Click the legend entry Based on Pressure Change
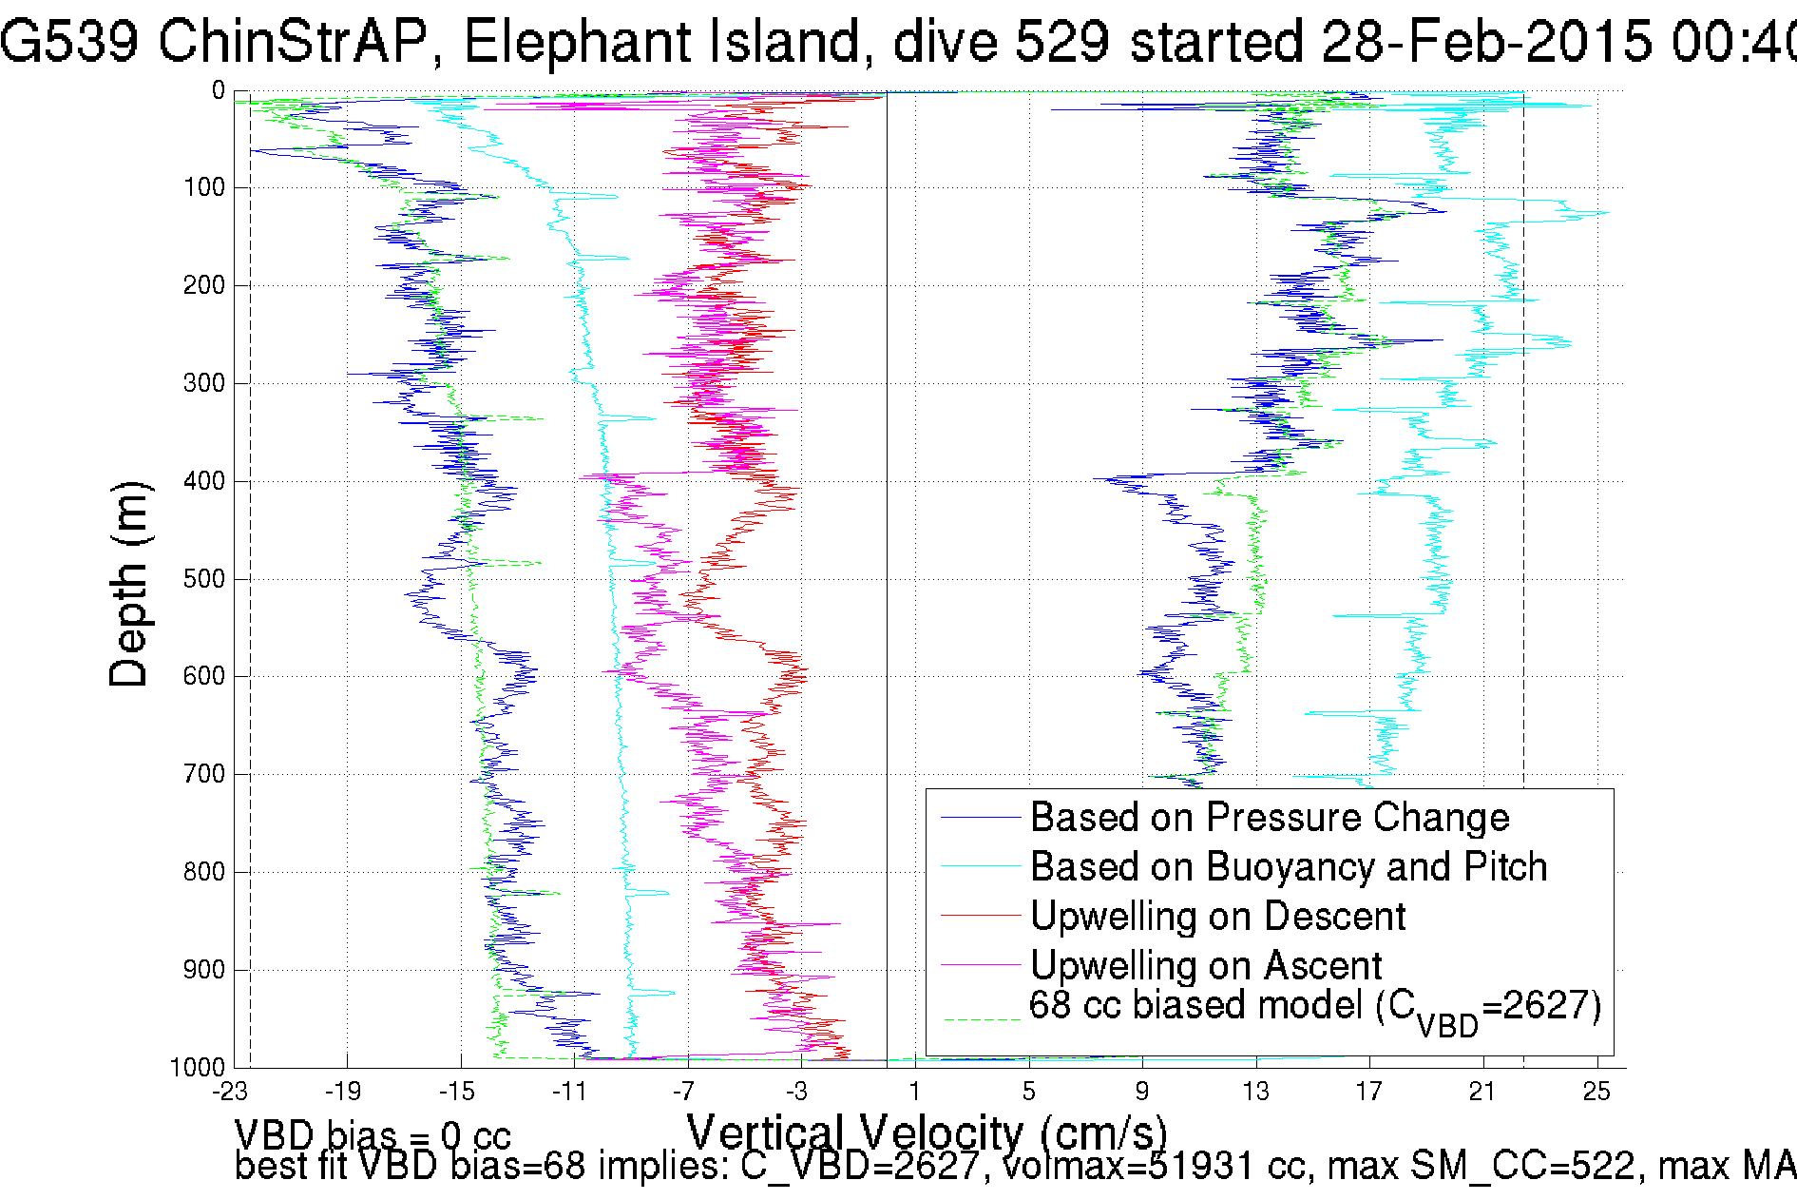click(x=1269, y=818)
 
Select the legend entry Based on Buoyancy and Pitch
click(x=1288, y=867)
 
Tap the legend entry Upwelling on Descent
click(x=1217, y=917)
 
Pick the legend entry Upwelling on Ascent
click(x=1205, y=966)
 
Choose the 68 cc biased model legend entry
click(x=1314, y=1008)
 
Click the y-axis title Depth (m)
click(x=129, y=584)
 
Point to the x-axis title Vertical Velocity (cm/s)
click(x=927, y=1132)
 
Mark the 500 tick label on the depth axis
click(x=203, y=579)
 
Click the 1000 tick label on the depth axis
click(x=198, y=1067)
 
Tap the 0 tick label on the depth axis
click(x=218, y=91)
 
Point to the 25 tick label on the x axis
click(x=1596, y=1092)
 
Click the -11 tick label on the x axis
click(x=570, y=1092)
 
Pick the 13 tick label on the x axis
click(x=1255, y=1092)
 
